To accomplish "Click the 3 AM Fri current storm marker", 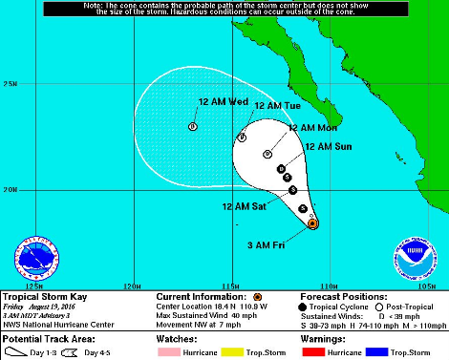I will click(x=312, y=223).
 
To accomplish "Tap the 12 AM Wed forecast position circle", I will click(x=193, y=126).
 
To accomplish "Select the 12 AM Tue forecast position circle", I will click(x=243, y=138).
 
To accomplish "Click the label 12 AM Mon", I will click(x=312, y=128).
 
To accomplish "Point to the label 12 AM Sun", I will click(x=328, y=147).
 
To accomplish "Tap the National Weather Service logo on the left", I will click(x=33, y=256).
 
